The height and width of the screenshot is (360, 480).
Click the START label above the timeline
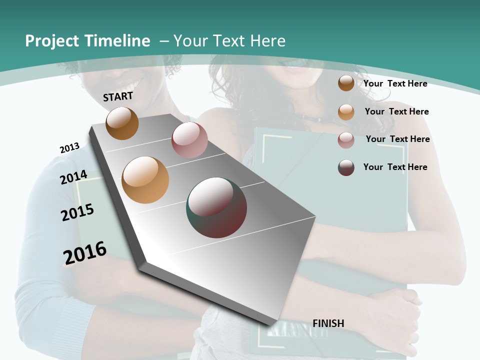click(x=118, y=96)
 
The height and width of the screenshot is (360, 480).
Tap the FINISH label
click(x=328, y=323)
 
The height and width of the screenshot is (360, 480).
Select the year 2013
click(x=69, y=148)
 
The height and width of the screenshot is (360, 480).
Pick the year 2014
click(x=74, y=177)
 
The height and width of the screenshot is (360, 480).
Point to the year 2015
click(x=77, y=212)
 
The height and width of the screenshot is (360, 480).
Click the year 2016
click(x=85, y=253)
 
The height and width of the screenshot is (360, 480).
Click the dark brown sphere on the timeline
click(x=122, y=123)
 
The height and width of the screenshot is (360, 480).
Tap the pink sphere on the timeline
click(x=189, y=140)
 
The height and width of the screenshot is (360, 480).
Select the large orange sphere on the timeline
click(x=145, y=180)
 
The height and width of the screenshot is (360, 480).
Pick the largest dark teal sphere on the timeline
click(x=216, y=207)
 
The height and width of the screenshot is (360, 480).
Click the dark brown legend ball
click(x=346, y=83)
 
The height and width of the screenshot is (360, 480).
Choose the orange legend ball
click(x=346, y=112)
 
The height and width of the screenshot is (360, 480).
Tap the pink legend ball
click(x=346, y=140)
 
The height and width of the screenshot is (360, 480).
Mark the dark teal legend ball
click(x=346, y=167)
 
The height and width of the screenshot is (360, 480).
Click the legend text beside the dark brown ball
click(x=395, y=83)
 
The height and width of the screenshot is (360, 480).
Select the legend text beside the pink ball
click(x=397, y=139)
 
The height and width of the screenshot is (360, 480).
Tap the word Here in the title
click(x=269, y=41)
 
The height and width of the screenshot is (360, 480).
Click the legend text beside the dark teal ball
click(x=395, y=167)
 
